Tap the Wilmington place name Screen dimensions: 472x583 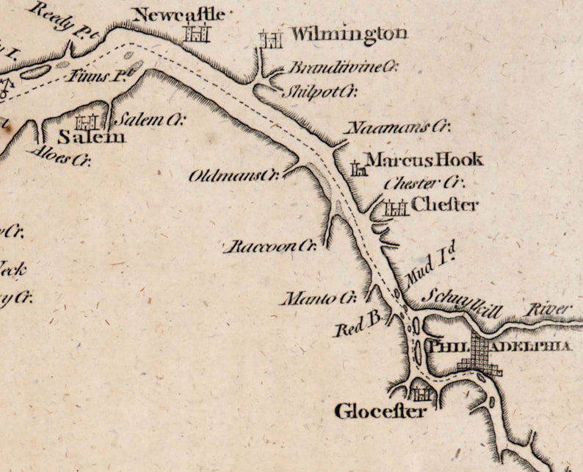[x=348, y=34]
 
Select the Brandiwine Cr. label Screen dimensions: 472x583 [x=342, y=68]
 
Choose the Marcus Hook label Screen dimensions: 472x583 [x=424, y=160]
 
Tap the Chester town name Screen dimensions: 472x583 [x=445, y=204]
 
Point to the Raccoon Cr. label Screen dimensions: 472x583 [x=269, y=246]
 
